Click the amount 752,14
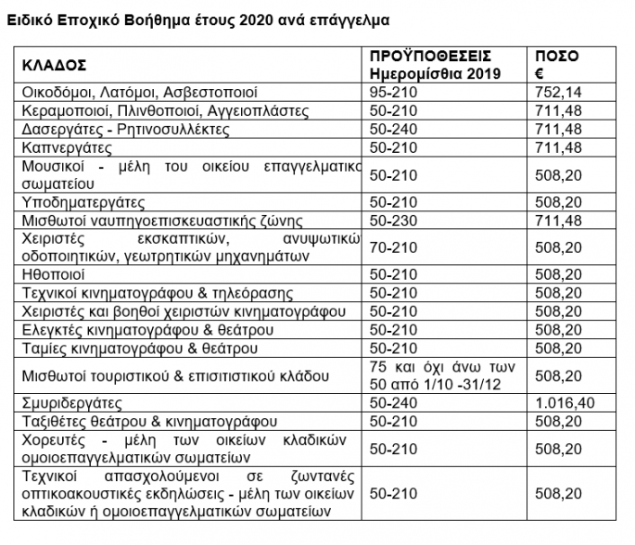pyautogui.click(x=563, y=94)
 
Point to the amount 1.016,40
pyautogui.click(x=568, y=404)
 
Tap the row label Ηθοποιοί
pyautogui.click(x=56, y=274)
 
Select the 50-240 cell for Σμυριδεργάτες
pyautogui.click(x=389, y=404)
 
